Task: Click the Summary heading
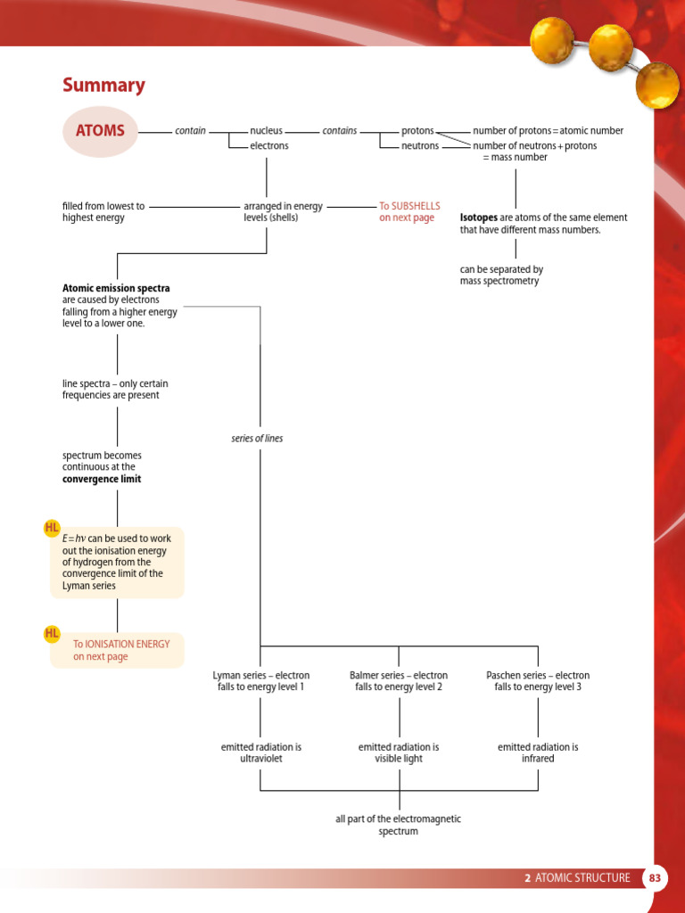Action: (x=103, y=86)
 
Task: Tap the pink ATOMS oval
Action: (x=100, y=131)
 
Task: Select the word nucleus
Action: (x=266, y=131)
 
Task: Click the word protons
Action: (x=417, y=131)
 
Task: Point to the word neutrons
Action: (x=420, y=146)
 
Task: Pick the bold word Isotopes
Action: (x=479, y=218)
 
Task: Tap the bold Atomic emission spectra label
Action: (x=116, y=289)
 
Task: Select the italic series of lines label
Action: (x=257, y=439)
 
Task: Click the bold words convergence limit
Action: (x=102, y=479)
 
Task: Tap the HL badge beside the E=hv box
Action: (x=52, y=529)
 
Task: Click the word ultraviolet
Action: (x=260, y=759)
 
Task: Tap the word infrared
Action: (x=538, y=759)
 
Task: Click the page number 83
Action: (x=656, y=878)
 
